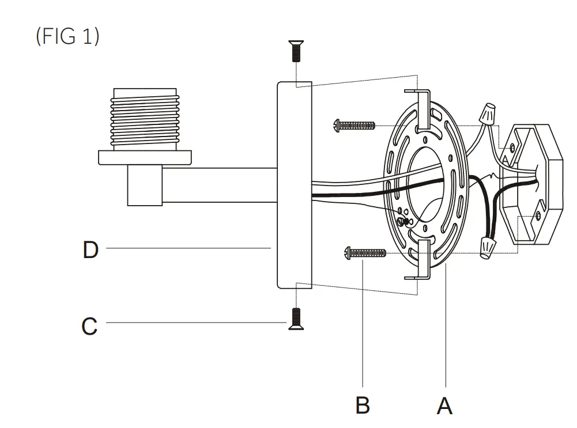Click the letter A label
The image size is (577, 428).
[444, 406]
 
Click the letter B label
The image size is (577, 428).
[363, 406]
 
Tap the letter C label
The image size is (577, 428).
[89, 326]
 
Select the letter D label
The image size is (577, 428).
[90, 250]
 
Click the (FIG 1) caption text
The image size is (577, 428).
[67, 37]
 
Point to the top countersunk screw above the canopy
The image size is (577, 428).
[295, 51]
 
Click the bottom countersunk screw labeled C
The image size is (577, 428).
[296, 319]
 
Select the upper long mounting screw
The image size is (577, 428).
[354, 124]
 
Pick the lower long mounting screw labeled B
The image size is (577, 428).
[364, 252]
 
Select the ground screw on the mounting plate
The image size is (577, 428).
[405, 221]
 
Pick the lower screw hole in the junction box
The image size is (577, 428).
[537, 216]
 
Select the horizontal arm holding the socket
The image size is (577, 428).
[219, 185]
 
